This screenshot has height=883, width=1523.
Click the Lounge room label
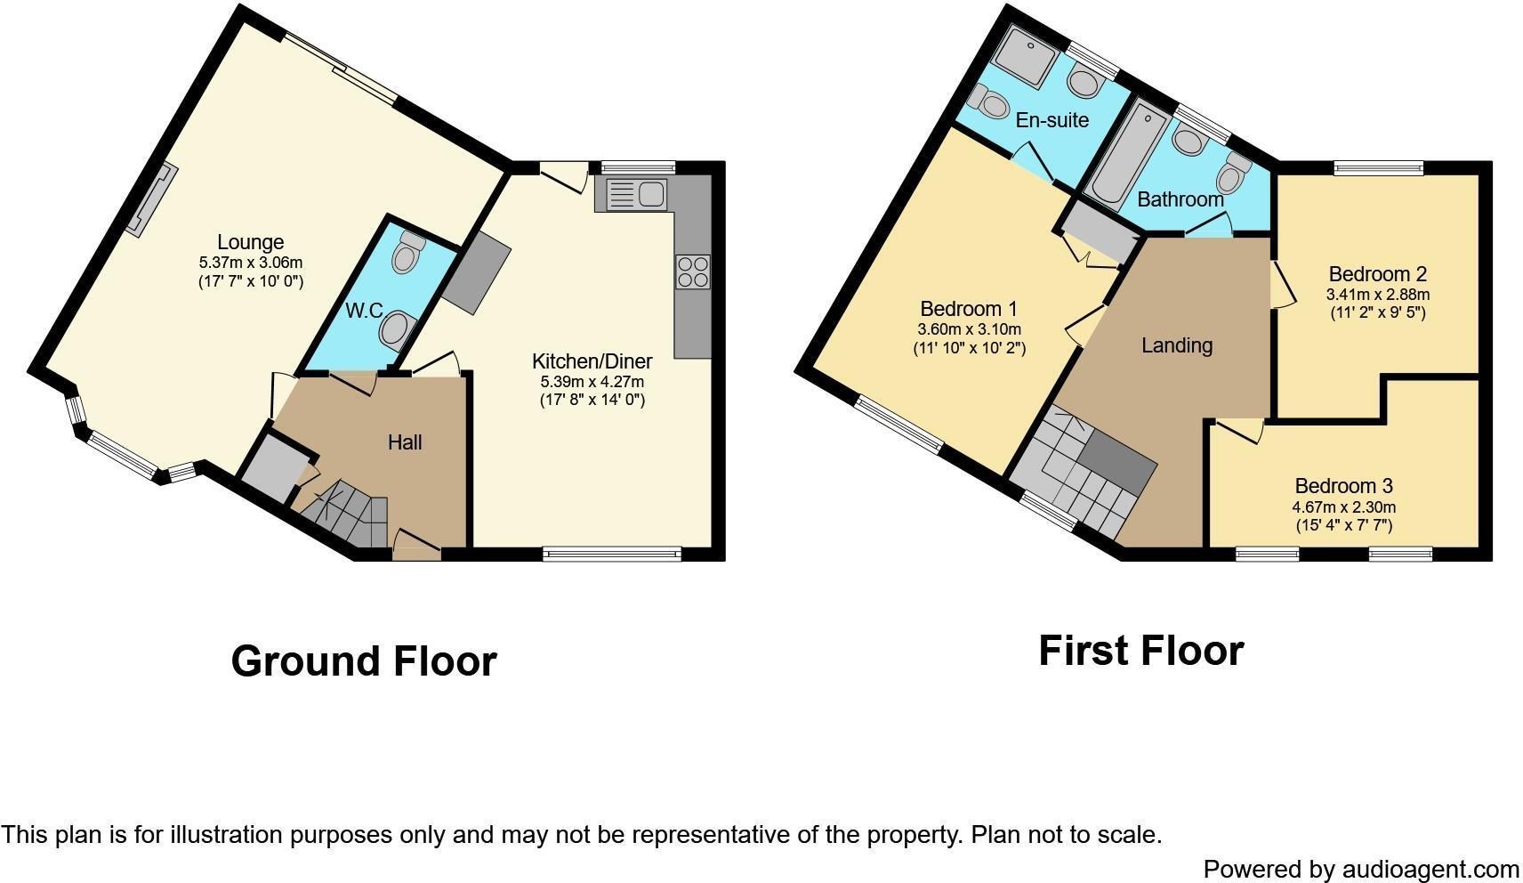250,242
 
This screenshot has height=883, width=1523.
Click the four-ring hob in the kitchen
693,271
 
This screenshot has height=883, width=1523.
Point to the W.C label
364,311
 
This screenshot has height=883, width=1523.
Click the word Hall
405,443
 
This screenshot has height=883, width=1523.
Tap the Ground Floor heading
364,661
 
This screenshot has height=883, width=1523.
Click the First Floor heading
1141,651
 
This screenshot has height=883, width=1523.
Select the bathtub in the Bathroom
1125,154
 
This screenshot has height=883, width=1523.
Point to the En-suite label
1052,120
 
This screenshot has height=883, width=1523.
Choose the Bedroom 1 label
968,309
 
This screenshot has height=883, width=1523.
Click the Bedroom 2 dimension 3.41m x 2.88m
1377,295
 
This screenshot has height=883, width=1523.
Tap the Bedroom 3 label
1343,486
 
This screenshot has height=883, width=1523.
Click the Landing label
1176,345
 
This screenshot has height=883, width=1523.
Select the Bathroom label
1181,199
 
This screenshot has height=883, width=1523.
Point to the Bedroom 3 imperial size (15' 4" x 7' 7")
1343,525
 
